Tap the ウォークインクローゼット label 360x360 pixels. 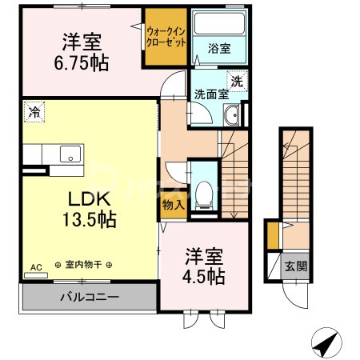(166, 36)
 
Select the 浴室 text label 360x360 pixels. (219, 48)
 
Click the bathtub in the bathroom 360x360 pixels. (220, 26)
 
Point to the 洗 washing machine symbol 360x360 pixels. (237, 81)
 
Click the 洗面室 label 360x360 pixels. (211, 94)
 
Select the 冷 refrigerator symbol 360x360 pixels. (33, 113)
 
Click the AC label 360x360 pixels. (36, 266)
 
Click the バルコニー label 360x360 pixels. (90, 298)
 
